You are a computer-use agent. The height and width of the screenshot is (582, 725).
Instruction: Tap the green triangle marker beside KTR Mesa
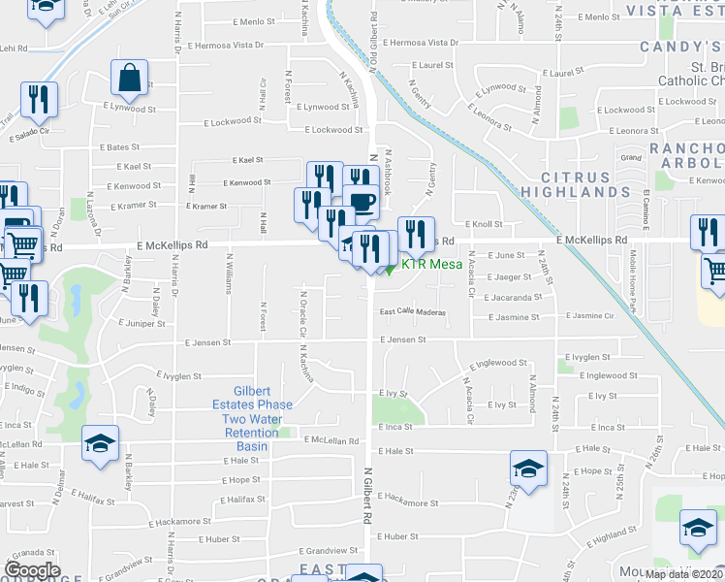[x=391, y=269]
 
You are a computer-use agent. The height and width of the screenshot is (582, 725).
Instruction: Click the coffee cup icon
[x=361, y=202]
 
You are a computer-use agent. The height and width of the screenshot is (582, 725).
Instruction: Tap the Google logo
[x=32, y=570]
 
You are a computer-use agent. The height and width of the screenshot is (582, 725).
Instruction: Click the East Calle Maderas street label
[x=412, y=312]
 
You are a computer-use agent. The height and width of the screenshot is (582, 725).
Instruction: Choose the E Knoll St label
[x=483, y=223]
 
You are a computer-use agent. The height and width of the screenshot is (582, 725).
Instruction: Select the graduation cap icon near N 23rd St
[x=528, y=470]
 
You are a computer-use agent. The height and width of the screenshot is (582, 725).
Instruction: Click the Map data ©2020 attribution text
[x=684, y=574]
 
